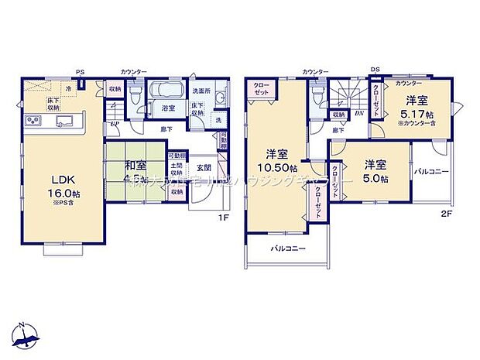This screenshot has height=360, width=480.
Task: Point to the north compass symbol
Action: click(25, 332)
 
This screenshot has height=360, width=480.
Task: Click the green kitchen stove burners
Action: click(35, 119)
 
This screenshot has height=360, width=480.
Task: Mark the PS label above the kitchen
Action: click(80, 71)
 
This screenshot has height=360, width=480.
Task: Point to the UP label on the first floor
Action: click(115, 123)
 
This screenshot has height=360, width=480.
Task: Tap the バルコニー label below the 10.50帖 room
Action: click(288, 249)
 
